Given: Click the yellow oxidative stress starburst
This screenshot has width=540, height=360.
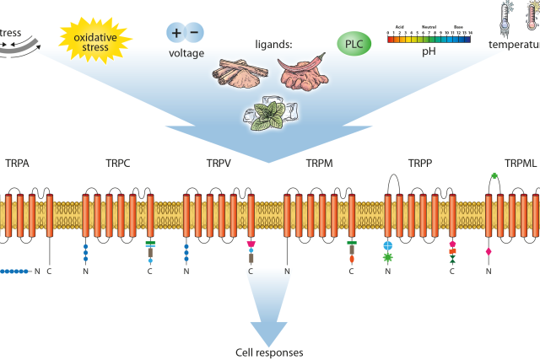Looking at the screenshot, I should [96, 40].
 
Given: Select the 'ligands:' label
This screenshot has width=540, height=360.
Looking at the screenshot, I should [273, 43].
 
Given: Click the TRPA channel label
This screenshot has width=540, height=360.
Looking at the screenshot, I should [18, 163].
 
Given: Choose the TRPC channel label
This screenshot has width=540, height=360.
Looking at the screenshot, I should [119, 163].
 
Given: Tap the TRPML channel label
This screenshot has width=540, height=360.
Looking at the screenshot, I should [520, 163].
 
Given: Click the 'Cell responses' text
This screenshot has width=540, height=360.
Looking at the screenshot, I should [269, 352].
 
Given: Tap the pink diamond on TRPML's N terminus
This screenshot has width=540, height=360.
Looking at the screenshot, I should [489, 252].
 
